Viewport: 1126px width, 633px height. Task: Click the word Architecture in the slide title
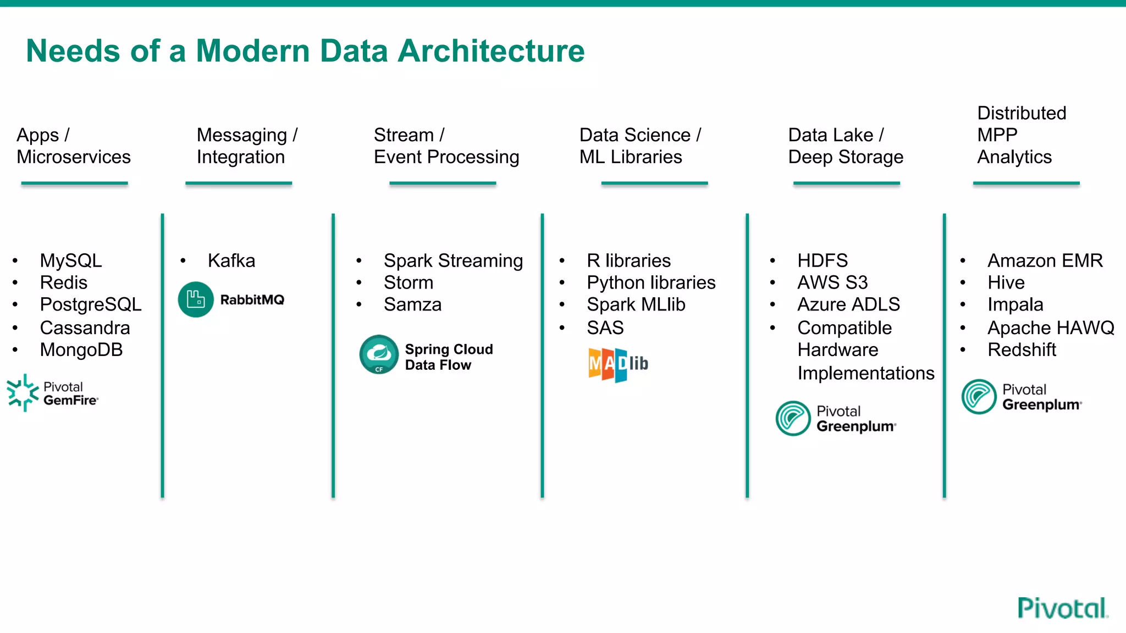(490, 52)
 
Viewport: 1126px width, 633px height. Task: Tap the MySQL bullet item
(71, 260)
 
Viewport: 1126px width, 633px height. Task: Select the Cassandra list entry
(85, 328)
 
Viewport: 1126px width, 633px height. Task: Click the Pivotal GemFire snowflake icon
(23, 393)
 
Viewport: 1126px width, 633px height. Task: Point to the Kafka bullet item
(231, 260)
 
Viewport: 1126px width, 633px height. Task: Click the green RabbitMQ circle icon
(196, 299)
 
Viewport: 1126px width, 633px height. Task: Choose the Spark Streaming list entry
(453, 260)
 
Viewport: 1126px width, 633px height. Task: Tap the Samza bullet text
(412, 304)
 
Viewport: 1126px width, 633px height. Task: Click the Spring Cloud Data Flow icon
(379, 355)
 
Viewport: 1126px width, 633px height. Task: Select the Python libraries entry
(651, 282)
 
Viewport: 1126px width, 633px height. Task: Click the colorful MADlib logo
(618, 364)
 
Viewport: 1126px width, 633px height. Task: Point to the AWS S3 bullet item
(832, 282)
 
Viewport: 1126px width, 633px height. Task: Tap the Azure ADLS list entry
(848, 304)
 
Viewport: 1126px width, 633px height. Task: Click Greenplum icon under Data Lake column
(793, 418)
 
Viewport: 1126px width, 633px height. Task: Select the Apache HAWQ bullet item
(1051, 328)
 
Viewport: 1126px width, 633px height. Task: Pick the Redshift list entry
(1022, 350)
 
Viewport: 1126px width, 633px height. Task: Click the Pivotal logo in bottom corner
(1062, 608)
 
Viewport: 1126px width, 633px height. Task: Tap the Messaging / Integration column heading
(247, 146)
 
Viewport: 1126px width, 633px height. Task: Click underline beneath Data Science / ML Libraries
(654, 183)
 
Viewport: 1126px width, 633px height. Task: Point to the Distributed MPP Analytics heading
(1021, 135)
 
